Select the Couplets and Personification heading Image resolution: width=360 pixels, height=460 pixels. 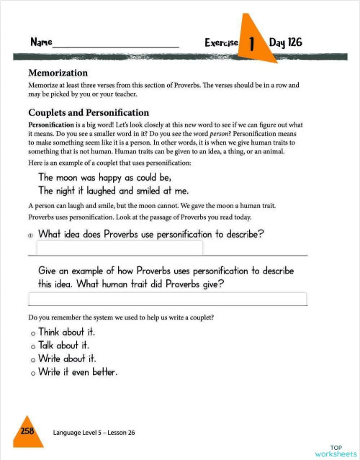(x=89, y=112)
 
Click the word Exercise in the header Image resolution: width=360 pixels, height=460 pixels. (x=221, y=43)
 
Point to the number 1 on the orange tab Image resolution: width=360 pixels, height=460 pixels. (x=252, y=44)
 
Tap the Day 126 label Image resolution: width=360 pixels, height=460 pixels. (x=285, y=42)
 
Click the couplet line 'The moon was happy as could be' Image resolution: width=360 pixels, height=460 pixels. (x=104, y=177)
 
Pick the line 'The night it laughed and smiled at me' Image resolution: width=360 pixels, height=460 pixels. (x=113, y=191)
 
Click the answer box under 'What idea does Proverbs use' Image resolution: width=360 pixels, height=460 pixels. (x=120, y=248)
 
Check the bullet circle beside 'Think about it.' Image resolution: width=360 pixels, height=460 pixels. (x=33, y=333)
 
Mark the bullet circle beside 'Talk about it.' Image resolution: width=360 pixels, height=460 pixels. (x=33, y=346)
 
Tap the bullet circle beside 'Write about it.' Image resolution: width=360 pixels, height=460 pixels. (x=33, y=359)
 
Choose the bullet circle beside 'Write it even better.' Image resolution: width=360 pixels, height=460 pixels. (x=33, y=373)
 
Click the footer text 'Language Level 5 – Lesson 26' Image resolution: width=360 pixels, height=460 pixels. (x=94, y=433)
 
